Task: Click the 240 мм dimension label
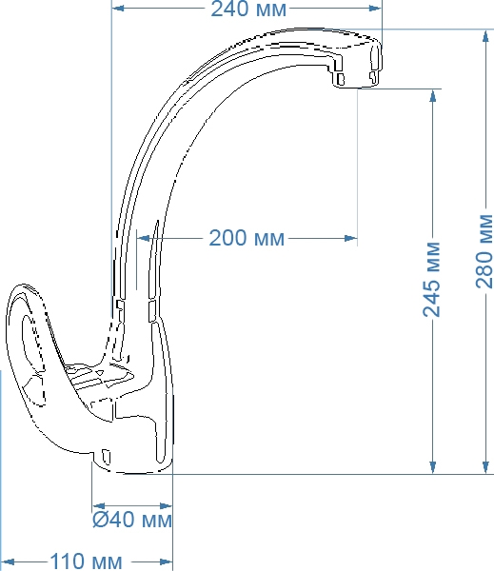(248, 9)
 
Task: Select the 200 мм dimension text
(247, 238)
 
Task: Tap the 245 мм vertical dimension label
(432, 279)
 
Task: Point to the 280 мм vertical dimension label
(484, 251)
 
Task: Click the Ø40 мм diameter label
(132, 520)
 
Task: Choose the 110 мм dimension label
(86, 561)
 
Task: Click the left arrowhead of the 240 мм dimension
(118, 8)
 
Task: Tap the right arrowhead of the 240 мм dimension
(375, 8)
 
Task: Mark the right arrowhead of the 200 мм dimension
(351, 239)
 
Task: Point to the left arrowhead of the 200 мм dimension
(143, 239)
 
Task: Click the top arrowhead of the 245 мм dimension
(433, 96)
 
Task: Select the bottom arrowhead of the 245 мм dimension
(433, 467)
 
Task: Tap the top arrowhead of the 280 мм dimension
(485, 37)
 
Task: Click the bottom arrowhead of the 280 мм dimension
(485, 467)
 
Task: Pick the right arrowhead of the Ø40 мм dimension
(167, 506)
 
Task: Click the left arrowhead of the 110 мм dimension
(8, 561)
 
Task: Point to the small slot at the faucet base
(106, 457)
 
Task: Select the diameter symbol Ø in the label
(99, 520)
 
